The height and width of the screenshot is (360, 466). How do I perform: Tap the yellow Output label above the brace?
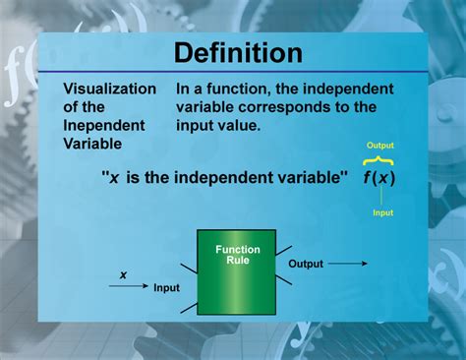click(379, 146)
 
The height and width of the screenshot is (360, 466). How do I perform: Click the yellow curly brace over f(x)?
click(379, 160)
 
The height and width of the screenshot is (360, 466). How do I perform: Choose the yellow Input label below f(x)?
click(381, 211)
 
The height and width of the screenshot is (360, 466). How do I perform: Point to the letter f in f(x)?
click(366, 179)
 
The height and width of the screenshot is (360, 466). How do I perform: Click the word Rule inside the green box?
click(237, 262)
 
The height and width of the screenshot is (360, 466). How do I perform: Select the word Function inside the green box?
click(237, 250)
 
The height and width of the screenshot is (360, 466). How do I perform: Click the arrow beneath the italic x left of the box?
click(128, 286)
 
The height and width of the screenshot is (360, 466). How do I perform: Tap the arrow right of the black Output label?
click(348, 264)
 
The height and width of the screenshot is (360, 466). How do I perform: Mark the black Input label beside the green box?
click(166, 288)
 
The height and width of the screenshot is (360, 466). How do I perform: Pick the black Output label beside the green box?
click(305, 264)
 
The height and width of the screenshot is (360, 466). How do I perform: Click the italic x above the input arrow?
click(123, 274)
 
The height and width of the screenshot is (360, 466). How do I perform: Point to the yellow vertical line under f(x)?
click(381, 198)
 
